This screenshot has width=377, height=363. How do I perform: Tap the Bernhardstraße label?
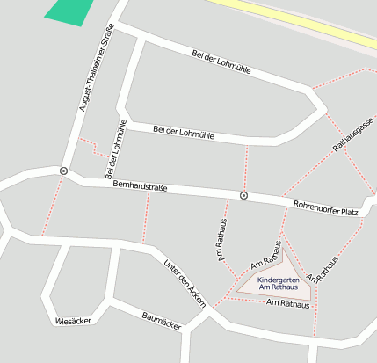[x=141, y=186]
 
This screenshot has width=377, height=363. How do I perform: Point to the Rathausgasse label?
[x=352, y=134]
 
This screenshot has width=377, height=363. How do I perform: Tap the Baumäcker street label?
[x=162, y=323]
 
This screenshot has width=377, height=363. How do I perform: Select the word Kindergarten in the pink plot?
[x=278, y=280]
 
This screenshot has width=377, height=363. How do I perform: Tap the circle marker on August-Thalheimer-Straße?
[x=63, y=170]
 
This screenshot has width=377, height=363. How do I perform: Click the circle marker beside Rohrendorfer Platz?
[x=243, y=195]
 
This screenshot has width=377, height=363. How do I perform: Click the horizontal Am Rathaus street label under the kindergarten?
[x=287, y=304]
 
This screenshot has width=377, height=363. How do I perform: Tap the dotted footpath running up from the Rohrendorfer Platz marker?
[x=245, y=168]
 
